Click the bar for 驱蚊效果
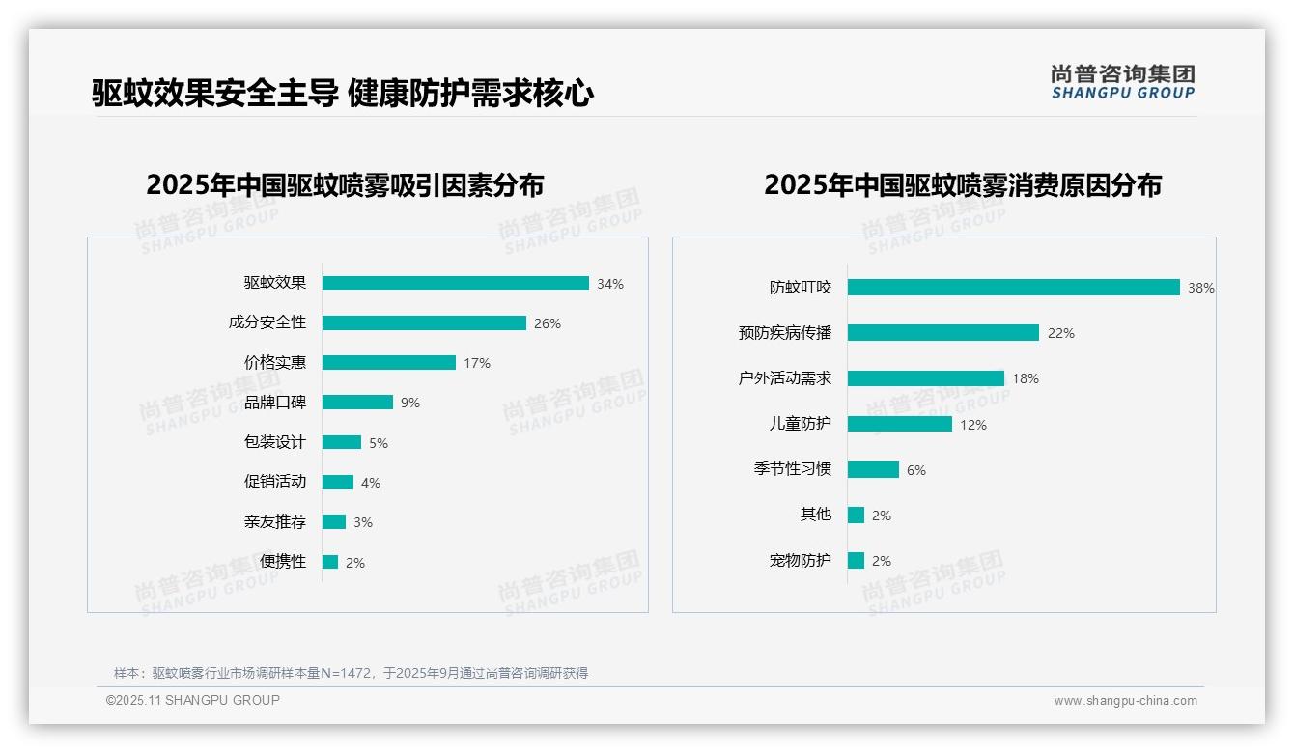[455, 283]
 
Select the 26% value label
[547, 323]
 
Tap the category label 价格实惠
[274, 363]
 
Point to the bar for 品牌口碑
[357, 403]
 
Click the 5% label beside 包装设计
[378, 443]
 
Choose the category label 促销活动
[274, 482]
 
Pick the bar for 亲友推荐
[333, 522]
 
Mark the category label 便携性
[282, 562]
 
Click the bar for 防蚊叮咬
[1013, 288]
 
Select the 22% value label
[1060, 333]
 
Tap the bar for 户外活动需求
[925, 378]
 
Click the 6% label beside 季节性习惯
[915, 470]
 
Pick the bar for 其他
[856, 516]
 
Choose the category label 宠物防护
[800, 560]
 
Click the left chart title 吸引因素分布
[345, 185]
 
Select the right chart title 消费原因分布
[962, 185]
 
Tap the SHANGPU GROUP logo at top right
[1122, 82]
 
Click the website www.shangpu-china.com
[1125, 701]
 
